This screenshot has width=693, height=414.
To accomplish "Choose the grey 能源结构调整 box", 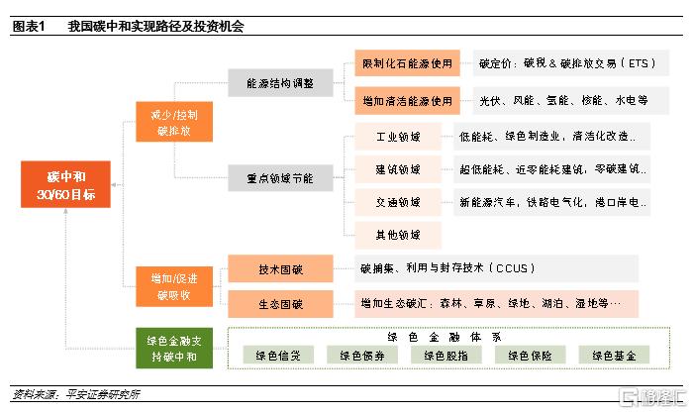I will tap(279, 83).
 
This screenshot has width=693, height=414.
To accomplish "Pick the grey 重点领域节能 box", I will tap(279, 178).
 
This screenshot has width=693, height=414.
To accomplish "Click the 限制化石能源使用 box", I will tap(407, 65).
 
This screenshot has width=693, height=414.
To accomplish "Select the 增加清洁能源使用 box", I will tap(407, 100).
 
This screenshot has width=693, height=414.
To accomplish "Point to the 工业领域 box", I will tap(398, 135).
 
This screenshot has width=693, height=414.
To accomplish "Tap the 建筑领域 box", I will tap(398, 168).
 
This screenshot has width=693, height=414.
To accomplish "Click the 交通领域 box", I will tap(398, 202).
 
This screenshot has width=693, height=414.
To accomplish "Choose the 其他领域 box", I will tap(398, 235).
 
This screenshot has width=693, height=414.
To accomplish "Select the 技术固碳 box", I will tap(280, 268).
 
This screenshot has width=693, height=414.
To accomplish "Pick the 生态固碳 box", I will tap(280, 302).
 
